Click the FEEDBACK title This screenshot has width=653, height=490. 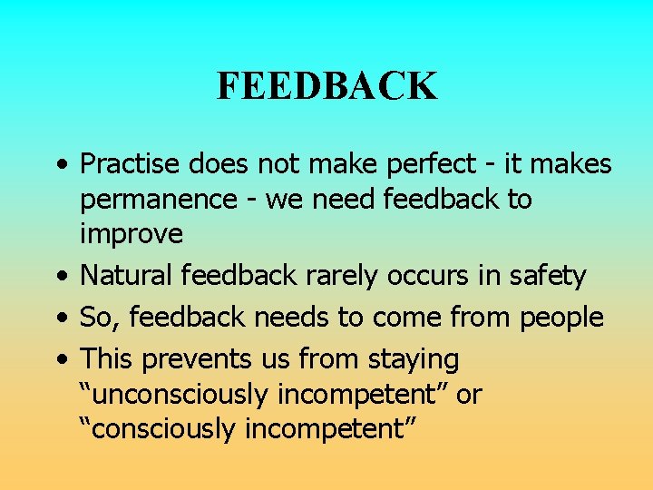(x=326, y=86)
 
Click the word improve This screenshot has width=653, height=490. (x=132, y=234)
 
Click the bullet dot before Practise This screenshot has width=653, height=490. (x=61, y=166)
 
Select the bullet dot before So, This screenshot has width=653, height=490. (x=61, y=318)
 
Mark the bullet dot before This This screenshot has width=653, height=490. (x=61, y=360)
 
